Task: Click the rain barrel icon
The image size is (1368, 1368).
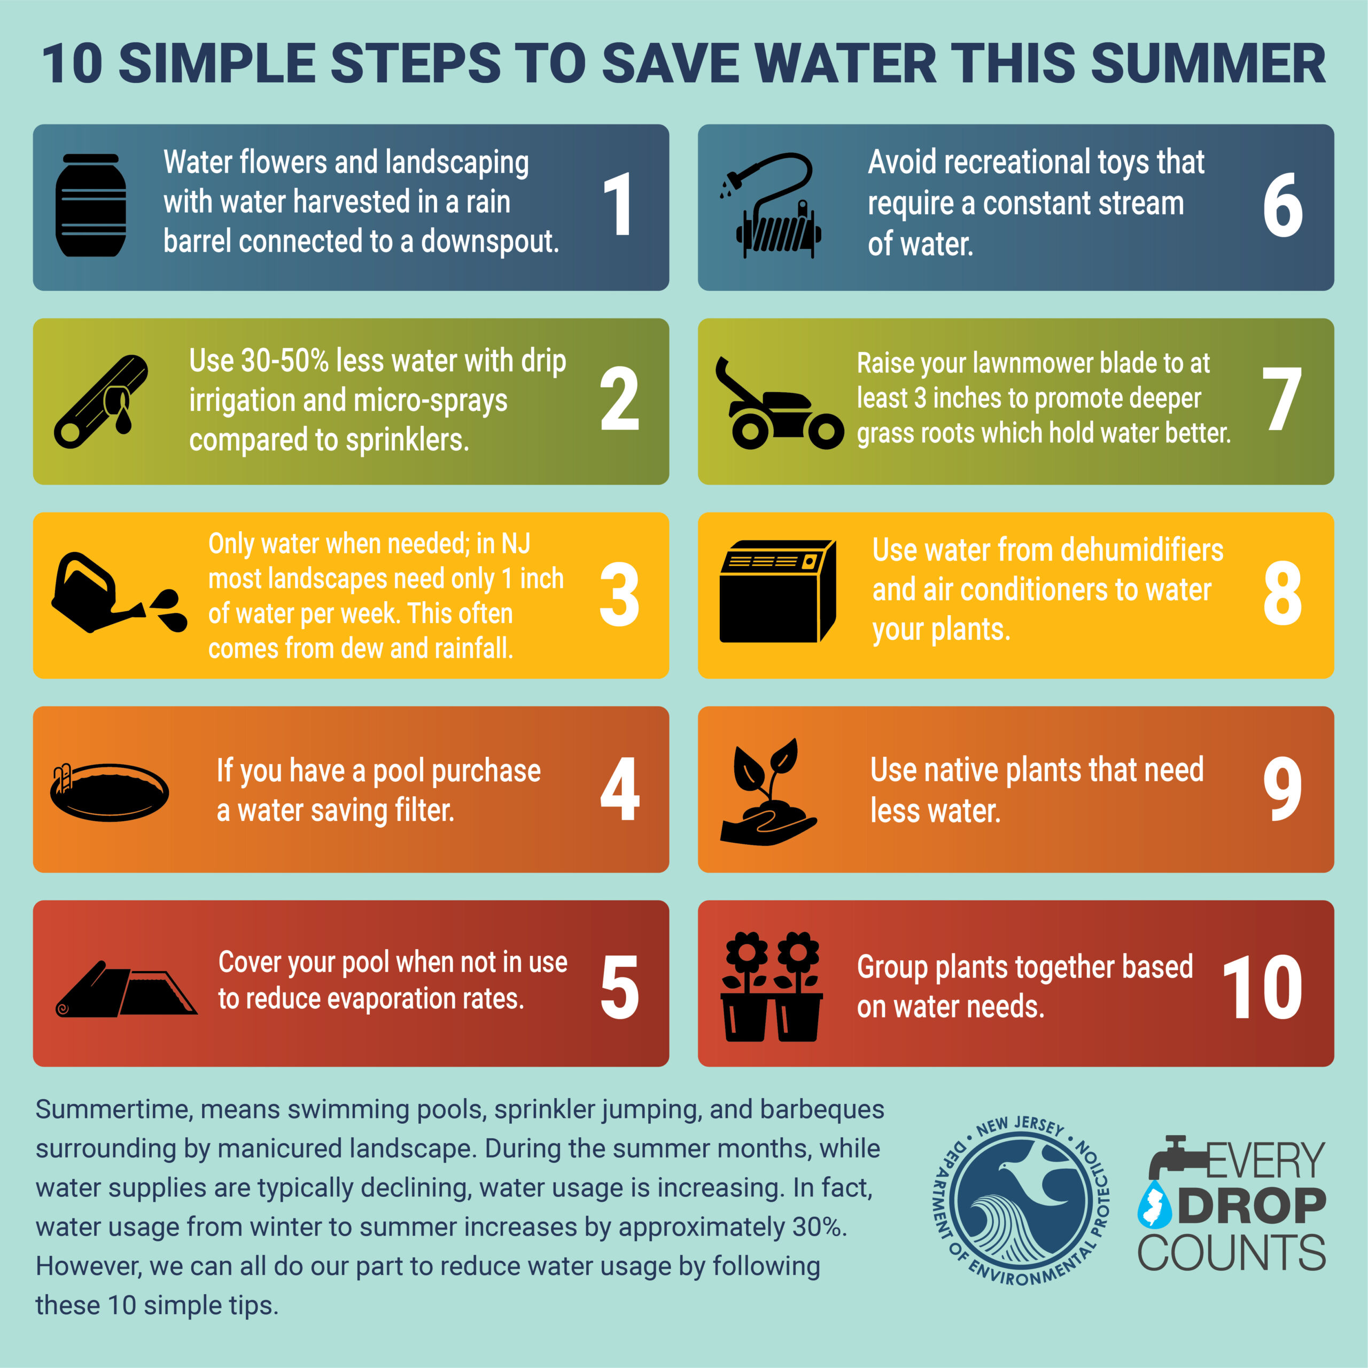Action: click(91, 205)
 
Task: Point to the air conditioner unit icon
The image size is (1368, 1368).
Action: click(777, 591)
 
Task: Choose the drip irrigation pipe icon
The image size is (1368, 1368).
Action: click(101, 401)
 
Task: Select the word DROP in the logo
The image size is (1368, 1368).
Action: click(1251, 1207)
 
